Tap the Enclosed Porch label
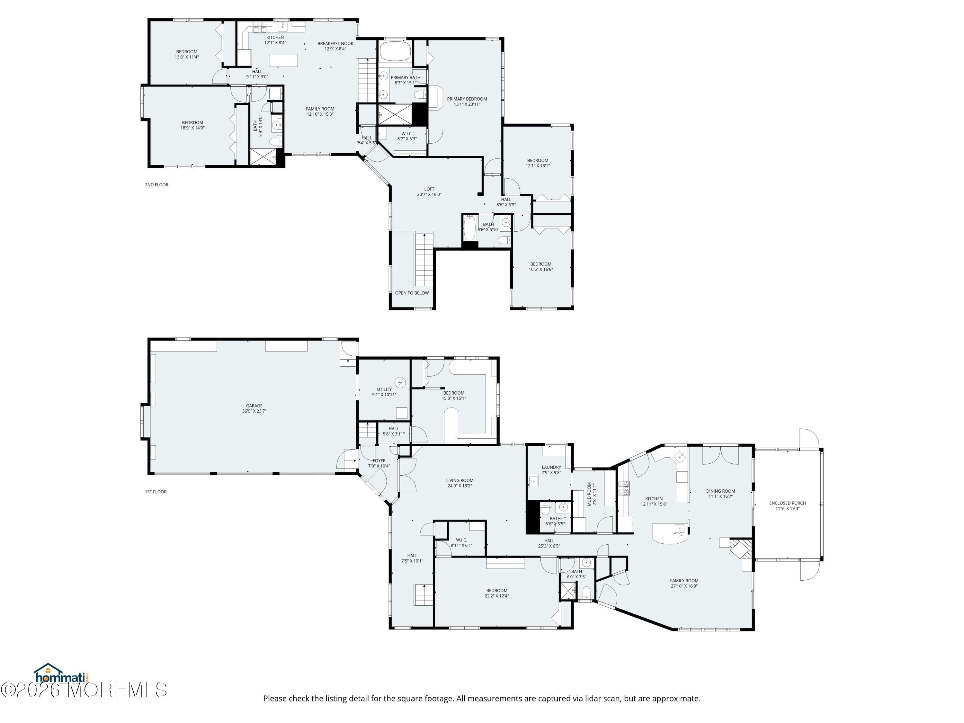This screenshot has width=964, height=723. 788,505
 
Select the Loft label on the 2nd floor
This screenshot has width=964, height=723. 429,192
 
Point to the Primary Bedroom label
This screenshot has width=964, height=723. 467,102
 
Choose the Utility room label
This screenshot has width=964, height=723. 384,392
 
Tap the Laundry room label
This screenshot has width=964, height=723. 551,469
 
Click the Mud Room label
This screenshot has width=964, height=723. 591,494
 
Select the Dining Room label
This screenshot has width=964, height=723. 720,493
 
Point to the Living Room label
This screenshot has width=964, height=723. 460,483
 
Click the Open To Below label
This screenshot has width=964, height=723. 412,293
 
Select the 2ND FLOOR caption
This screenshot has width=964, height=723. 156,185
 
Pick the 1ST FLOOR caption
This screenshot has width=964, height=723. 156,492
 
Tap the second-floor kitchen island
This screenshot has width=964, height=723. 283,60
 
